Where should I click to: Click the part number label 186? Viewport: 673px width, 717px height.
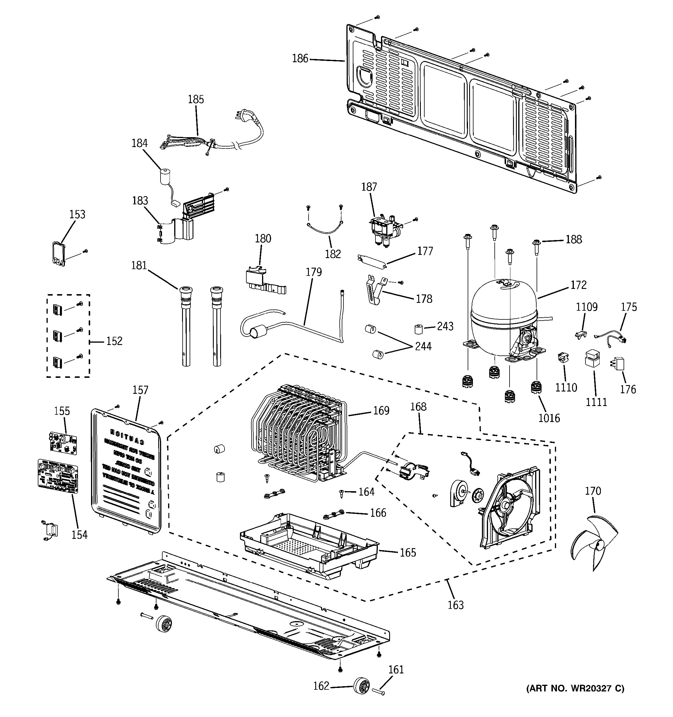(300, 58)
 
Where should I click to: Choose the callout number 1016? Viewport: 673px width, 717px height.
(549, 418)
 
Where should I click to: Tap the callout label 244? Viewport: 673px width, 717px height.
(423, 346)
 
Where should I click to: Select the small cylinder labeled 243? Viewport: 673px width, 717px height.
(418, 329)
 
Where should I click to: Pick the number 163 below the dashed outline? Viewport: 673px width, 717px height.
(455, 605)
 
